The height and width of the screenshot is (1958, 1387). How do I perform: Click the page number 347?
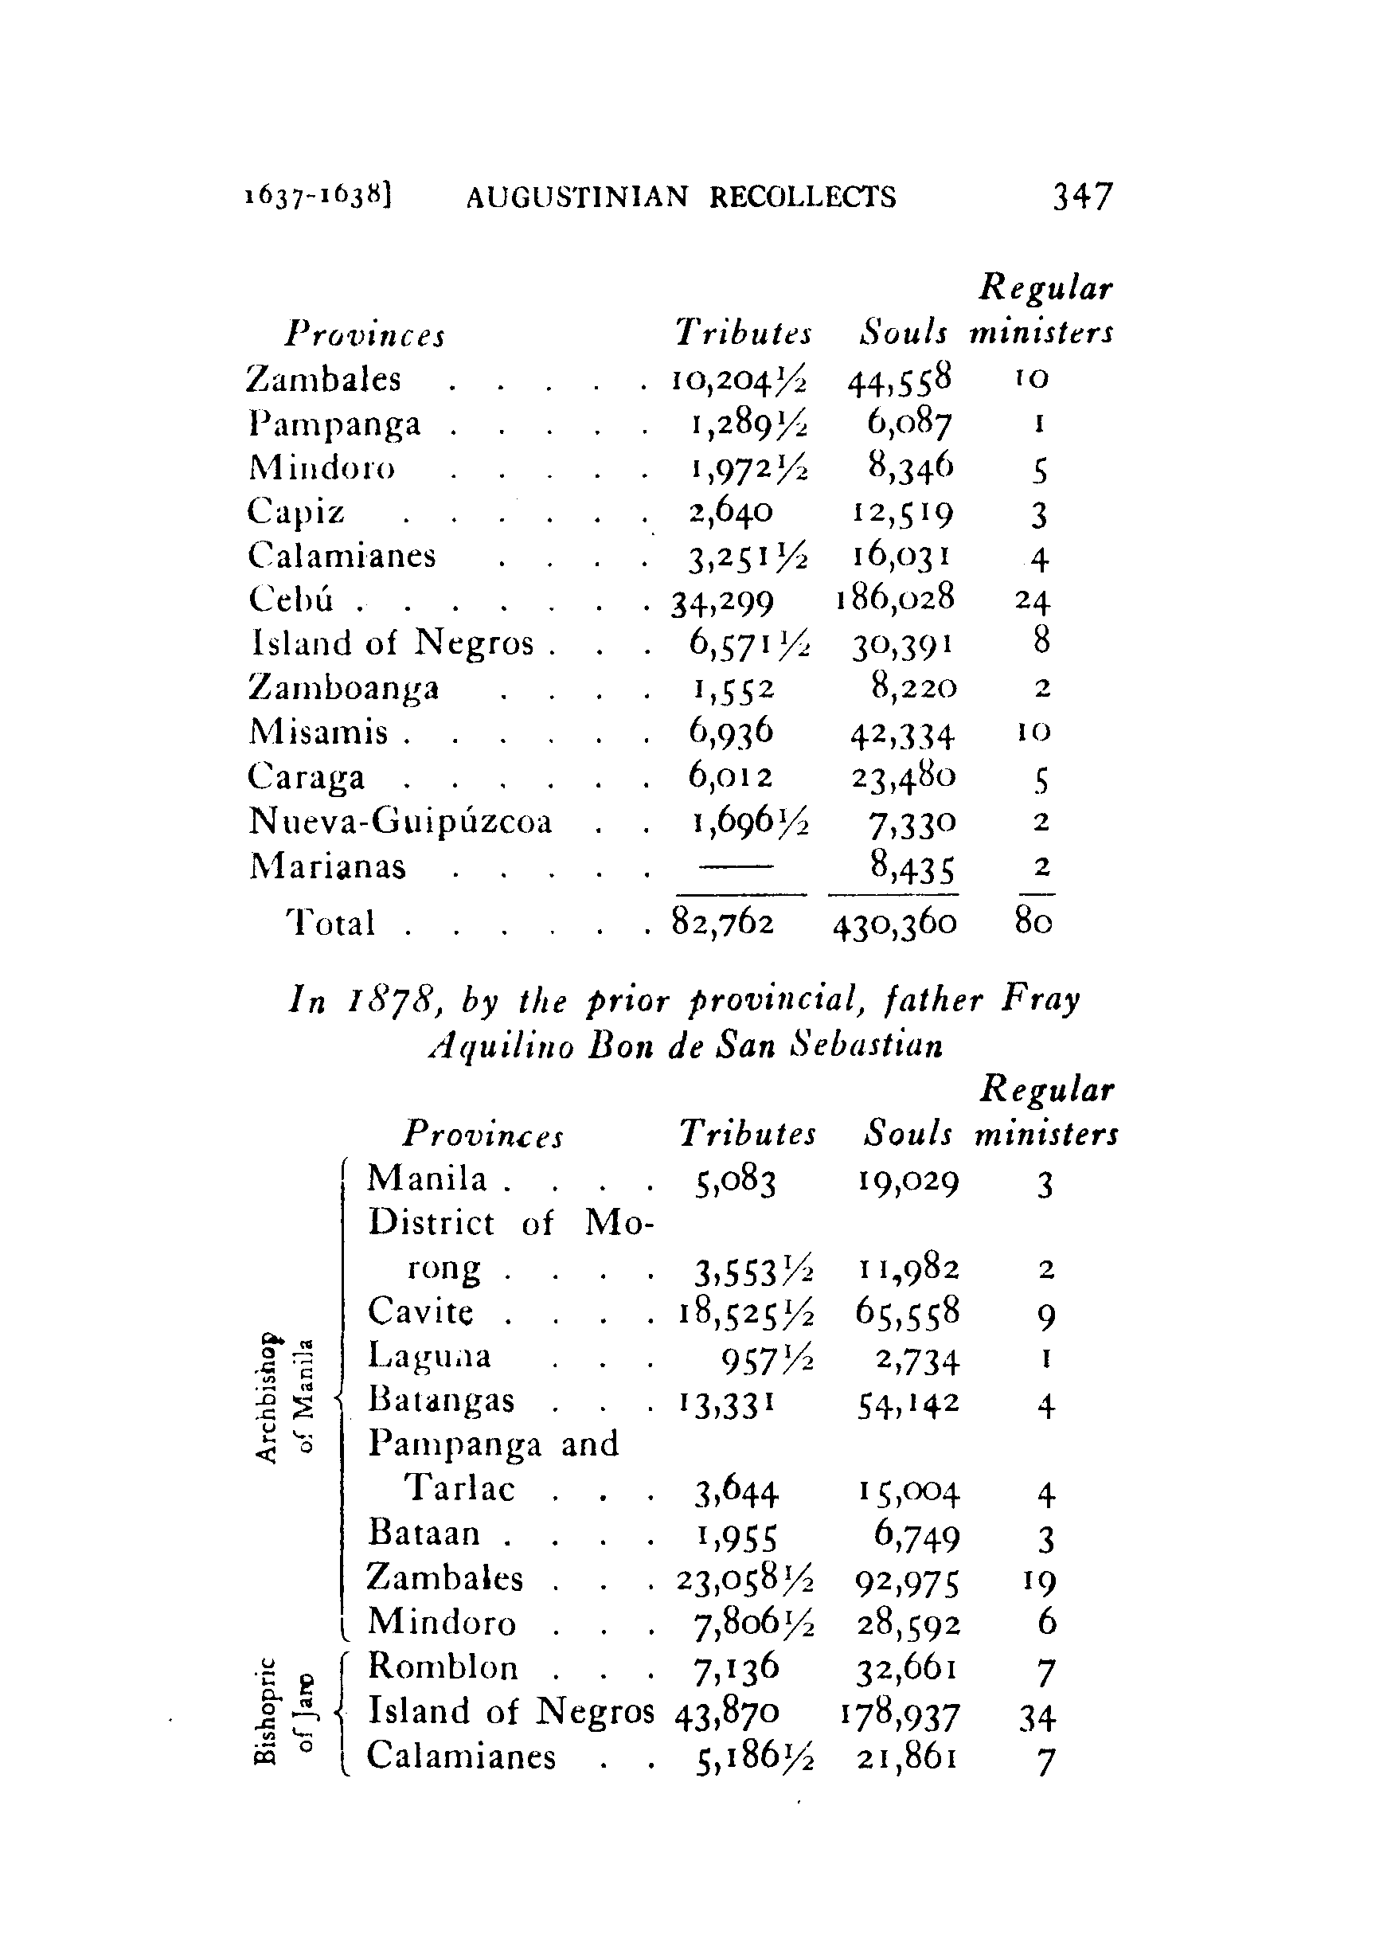[1082, 197]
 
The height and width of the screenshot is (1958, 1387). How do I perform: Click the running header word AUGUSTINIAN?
[576, 198]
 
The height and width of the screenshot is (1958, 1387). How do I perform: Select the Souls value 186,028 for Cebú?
[894, 598]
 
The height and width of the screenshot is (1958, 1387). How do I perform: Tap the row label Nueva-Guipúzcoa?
[400, 822]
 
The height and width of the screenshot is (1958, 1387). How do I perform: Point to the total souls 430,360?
[894, 922]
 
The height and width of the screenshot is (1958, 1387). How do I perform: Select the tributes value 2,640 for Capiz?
[730, 510]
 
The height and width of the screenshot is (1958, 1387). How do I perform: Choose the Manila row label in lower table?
[426, 1179]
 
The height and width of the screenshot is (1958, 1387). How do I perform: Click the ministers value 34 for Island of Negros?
[1037, 1717]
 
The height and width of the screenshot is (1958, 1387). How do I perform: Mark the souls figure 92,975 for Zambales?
[907, 1581]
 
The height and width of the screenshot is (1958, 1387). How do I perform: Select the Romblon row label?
[443, 1667]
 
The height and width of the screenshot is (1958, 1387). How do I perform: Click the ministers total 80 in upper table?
[1033, 922]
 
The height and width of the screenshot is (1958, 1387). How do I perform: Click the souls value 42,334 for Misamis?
[902, 733]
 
